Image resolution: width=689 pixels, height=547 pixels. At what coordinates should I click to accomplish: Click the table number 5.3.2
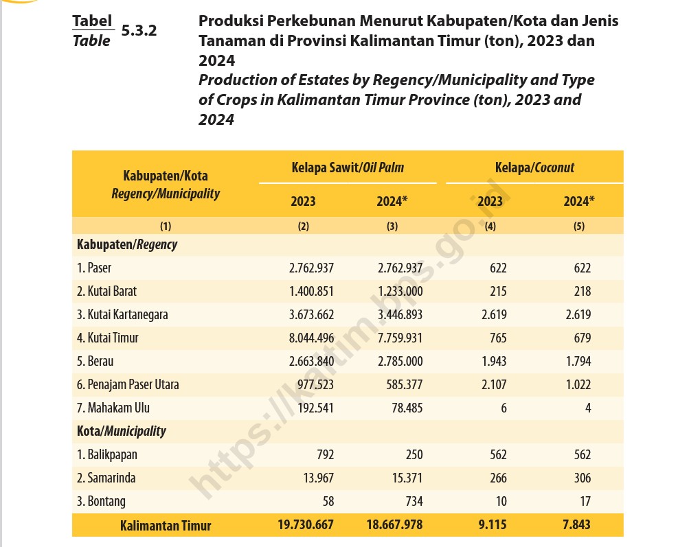tap(139, 30)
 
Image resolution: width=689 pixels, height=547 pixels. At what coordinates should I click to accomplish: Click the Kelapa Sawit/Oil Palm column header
tap(348, 167)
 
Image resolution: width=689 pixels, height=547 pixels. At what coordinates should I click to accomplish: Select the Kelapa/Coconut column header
tap(534, 167)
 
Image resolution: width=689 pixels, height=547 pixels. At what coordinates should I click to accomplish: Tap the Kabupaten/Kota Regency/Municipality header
tap(166, 185)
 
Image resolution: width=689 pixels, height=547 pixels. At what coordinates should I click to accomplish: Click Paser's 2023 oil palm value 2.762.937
tap(312, 268)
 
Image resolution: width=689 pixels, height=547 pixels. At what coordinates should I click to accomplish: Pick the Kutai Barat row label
tap(106, 291)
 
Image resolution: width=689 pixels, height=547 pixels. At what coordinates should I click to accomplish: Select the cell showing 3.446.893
tap(400, 314)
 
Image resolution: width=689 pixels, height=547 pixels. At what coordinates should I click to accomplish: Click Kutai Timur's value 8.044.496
tap(312, 338)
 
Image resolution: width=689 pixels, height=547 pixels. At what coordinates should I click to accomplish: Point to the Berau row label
tap(95, 361)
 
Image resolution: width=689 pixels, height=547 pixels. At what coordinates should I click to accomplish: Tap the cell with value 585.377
tap(404, 384)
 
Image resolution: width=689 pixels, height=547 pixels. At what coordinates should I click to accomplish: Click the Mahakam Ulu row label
tap(113, 408)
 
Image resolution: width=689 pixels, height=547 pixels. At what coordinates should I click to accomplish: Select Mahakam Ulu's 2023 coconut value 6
tap(504, 408)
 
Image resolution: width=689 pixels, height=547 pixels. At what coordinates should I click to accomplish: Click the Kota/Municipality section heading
tap(122, 431)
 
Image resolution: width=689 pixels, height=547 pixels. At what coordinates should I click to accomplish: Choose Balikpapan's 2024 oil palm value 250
tap(414, 454)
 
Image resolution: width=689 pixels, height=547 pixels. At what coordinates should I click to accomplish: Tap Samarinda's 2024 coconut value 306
tap(583, 478)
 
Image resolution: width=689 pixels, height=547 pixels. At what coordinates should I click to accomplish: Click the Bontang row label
tap(101, 501)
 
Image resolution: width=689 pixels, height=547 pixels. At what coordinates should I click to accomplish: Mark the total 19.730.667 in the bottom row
tap(306, 524)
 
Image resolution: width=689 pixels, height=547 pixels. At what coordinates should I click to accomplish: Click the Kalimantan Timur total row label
tap(166, 526)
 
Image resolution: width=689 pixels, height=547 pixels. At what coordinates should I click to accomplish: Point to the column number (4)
tap(490, 226)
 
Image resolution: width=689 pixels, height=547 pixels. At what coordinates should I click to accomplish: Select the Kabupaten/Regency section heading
tap(127, 244)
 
